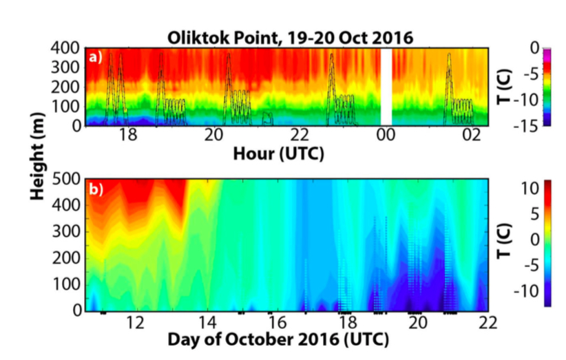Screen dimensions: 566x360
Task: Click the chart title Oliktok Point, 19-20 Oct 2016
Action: point(290,38)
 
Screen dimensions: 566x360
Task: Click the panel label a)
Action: point(96,57)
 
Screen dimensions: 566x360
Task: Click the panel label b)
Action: point(96,189)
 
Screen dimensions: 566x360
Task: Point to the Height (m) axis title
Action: point(37,156)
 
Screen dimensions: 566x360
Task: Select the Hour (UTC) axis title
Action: point(279,154)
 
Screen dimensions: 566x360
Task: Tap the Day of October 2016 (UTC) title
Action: point(278,340)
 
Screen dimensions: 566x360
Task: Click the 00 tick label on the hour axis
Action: point(386,136)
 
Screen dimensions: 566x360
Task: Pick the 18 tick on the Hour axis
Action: point(128,136)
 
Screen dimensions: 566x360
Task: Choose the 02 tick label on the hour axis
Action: point(472,136)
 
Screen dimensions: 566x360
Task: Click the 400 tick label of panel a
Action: point(65,47)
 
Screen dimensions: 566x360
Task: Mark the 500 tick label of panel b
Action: point(66,179)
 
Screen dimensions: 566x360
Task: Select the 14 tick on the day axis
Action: point(207,322)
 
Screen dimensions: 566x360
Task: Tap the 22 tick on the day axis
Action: point(488,322)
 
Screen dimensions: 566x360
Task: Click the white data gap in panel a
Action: point(386,87)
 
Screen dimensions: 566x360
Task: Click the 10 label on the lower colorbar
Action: point(530,188)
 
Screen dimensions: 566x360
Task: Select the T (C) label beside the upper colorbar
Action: point(504,87)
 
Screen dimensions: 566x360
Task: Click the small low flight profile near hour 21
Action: point(267,118)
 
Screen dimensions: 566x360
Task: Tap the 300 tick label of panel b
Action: point(66,231)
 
